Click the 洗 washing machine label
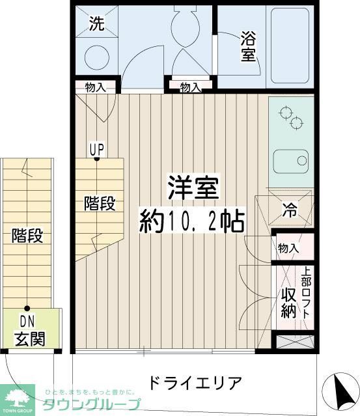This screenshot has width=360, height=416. tap(96, 25)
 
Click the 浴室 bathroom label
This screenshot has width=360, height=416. tap(248, 45)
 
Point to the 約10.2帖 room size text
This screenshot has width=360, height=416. tap(192, 221)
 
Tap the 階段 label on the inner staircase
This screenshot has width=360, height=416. tap(100, 203)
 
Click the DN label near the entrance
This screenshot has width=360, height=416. tap(27, 321)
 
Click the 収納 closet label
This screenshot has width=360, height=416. tap(289, 302)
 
